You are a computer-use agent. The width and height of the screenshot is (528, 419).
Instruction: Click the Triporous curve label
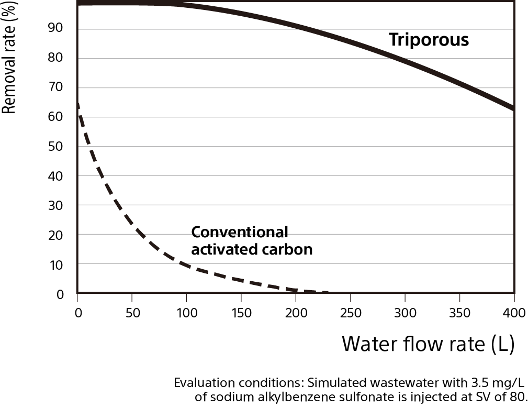[429, 40]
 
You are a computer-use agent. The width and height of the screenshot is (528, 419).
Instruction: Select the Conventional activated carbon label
[252, 240]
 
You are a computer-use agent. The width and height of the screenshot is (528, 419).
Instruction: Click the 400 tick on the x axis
[514, 313]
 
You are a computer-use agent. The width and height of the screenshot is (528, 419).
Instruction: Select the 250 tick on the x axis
[351, 313]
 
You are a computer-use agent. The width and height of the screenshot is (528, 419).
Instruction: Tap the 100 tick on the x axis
[187, 313]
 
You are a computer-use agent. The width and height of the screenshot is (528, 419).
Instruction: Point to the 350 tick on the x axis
[459, 313]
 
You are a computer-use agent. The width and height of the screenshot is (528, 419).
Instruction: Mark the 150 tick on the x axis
[241, 313]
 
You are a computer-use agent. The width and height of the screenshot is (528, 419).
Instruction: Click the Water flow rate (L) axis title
[428, 344]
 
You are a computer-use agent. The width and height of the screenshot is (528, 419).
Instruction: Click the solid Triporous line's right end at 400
[513, 108]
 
